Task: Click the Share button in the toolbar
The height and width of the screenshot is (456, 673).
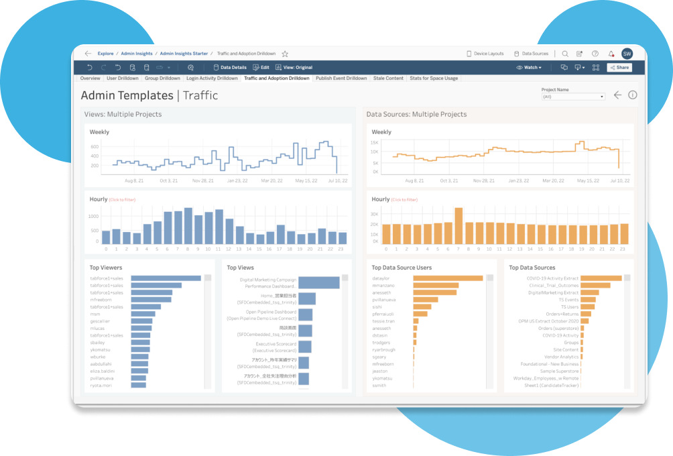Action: [619, 68]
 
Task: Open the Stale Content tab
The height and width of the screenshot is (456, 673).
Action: [388, 78]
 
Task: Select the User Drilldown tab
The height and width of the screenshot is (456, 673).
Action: [123, 78]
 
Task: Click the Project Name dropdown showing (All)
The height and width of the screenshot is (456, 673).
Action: [573, 97]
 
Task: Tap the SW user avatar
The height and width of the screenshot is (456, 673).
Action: [627, 54]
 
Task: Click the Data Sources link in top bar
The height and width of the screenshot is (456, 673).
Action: [531, 54]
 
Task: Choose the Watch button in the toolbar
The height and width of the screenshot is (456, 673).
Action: [530, 68]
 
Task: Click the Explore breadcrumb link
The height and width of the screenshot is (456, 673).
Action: [105, 54]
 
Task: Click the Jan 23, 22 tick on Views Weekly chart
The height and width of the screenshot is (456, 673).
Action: [238, 180]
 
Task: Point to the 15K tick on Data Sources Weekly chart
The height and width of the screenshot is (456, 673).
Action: [375, 142]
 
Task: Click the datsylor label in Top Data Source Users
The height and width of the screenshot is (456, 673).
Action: [382, 278]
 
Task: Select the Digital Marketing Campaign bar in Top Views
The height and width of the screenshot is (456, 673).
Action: [318, 282]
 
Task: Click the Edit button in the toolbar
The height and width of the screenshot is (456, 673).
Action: [261, 68]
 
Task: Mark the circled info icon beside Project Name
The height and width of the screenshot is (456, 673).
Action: [632, 95]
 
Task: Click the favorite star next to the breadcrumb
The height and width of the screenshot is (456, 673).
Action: [285, 54]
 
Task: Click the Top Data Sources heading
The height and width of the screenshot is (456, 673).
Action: [532, 268]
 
